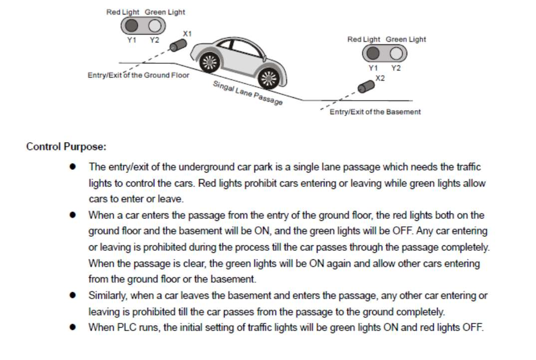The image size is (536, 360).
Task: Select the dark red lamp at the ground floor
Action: [x=132, y=25]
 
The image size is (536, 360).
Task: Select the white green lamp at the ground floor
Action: [x=155, y=25]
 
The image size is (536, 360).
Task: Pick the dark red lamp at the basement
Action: [x=373, y=52]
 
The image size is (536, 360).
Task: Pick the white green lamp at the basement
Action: [x=396, y=52]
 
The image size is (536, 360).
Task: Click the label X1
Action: [x=187, y=33]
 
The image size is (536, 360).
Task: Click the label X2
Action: [x=380, y=78]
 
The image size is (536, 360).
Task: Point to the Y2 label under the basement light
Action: [x=396, y=68]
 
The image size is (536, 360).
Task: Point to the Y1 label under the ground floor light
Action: [x=131, y=40]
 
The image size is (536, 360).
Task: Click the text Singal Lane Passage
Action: [x=248, y=93]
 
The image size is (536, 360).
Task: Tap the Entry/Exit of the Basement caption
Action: [x=375, y=112]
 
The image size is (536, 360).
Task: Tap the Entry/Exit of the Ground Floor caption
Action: [x=138, y=75]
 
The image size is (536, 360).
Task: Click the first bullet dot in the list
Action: [x=73, y=167]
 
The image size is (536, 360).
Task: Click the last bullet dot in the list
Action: [x=73, y=328]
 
